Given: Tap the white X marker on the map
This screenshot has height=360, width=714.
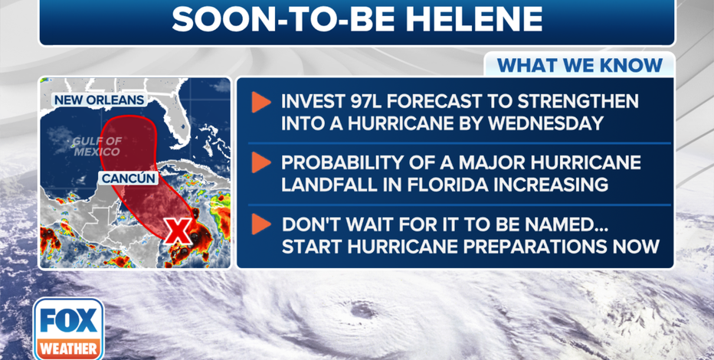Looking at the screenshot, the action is click(x=178, y=231).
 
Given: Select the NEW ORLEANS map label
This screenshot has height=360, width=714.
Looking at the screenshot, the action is click(x=100, y=100).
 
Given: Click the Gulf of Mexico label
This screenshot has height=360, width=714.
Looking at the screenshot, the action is click(x=97, y=146).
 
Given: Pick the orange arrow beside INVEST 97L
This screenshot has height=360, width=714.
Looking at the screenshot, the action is click(x=261, y=103).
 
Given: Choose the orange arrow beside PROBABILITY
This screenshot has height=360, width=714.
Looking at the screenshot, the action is click(x=261, y=162).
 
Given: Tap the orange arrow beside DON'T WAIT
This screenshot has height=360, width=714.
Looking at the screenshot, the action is click(x=261, y=224).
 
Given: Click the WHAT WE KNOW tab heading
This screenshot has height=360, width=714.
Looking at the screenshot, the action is click(x=579, y=66).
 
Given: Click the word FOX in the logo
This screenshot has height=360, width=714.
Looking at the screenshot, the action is click(x=69, y=320).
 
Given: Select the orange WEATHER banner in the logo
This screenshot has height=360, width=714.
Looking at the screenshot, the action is click(x=69, y=349).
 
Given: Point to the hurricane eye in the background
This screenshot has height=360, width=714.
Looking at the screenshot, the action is click(x=363, y=310).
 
